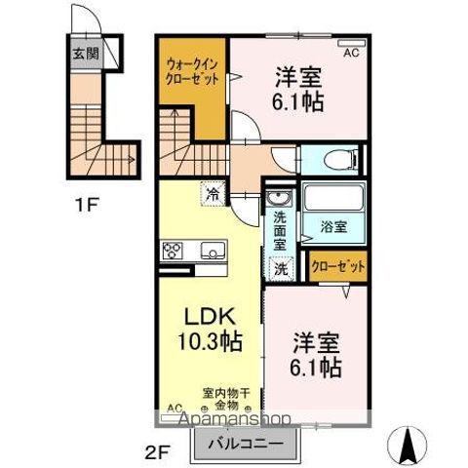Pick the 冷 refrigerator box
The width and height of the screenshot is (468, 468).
212,194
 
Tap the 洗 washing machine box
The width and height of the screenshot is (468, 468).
281,268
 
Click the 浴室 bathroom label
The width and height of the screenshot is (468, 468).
334,227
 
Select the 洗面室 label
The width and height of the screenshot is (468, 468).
280,226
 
